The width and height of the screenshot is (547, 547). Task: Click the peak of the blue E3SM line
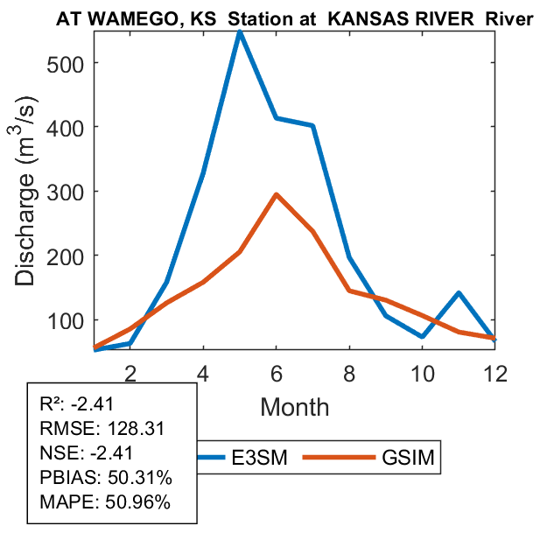240,32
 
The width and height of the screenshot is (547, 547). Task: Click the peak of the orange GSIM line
277,194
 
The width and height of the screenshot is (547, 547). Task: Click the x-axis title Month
295,407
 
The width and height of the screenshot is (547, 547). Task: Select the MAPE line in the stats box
105,502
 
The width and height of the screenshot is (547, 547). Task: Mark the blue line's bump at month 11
459,293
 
